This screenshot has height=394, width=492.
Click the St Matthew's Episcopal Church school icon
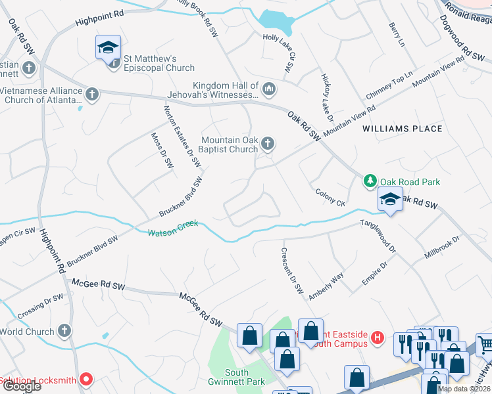[109, 48]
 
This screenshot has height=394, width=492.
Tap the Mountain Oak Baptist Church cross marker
[267, 143]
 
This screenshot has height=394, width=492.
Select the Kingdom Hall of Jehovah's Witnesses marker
[268, 88]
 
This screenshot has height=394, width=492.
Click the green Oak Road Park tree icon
[370, 181]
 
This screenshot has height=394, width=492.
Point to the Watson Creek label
[172, 232]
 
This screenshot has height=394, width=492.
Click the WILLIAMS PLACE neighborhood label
[403, 129]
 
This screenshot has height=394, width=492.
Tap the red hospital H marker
[377, 338]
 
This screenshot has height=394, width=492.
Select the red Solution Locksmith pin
[86, 379]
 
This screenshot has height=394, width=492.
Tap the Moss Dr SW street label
[162, 151]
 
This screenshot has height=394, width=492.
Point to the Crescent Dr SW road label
[291, 270]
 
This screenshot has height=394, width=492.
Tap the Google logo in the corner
[21, 386]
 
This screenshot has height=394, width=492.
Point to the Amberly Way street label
[326, 286]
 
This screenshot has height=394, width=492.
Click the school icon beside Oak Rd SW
[390, 200]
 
